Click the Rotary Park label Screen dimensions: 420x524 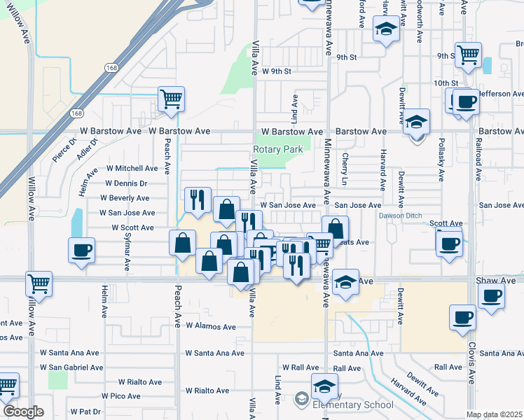[277, 150]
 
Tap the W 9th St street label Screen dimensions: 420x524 [277, 71]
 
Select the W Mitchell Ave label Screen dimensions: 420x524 [132, 169]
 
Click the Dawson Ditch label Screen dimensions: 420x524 [401, 216]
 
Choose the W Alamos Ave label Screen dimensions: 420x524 [210, 327]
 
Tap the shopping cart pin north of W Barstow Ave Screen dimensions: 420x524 [170, 99]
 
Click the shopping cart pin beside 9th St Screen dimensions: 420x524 [468, 55]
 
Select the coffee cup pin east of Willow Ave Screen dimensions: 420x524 [81, 250]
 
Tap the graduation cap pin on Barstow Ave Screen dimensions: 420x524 [417, 122]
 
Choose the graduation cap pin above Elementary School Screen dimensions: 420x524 [324, 386]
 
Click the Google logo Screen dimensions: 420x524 [23, 412]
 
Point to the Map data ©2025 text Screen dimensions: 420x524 [494, 414]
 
